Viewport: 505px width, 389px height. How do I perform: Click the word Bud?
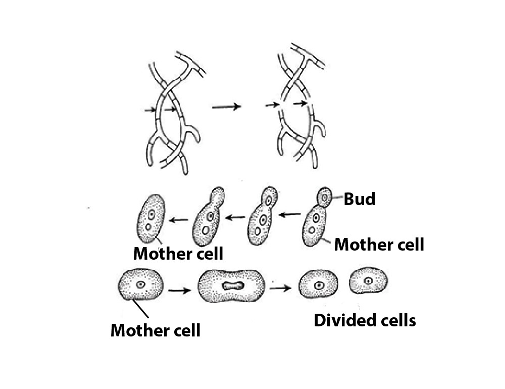tap(360, 200)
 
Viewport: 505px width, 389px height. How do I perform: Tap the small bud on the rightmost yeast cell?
tap(324, 196)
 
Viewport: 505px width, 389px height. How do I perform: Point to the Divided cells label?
tap(365, 320)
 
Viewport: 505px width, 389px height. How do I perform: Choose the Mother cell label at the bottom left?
tap(156, 330)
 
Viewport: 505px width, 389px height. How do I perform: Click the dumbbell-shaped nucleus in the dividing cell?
tap(233, 286)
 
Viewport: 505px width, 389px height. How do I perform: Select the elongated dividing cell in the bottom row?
tap(232, 286)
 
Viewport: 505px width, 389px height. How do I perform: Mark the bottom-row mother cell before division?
tap(140, 285)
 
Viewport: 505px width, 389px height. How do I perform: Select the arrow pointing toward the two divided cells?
tap(280, 288)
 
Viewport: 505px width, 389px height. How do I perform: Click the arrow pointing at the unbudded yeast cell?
tap(179, 220)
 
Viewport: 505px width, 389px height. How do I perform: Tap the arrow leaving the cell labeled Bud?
tap(289, 215)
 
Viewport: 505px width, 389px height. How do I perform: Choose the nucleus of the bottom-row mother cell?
tap(141, 284)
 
